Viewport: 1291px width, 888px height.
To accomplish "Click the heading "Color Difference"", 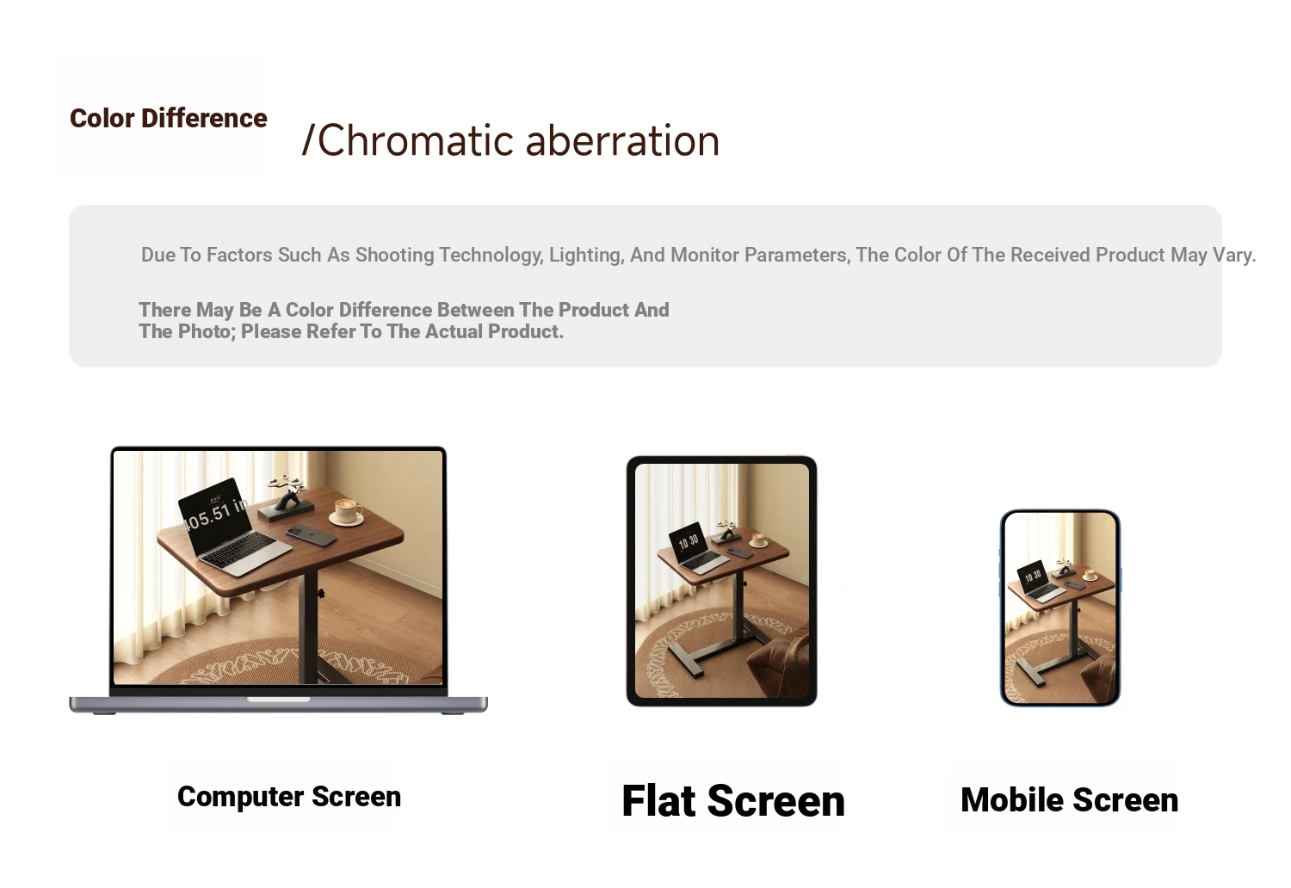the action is click(x=169, y=118).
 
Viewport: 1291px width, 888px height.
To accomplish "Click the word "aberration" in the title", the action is click(x=622, y=140).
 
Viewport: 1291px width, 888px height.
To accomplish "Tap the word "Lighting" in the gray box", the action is click(x=586, y=255).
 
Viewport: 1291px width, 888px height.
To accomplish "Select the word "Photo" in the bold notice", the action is click(x=207, y=331).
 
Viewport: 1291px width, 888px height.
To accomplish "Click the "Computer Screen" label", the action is click(x=288, y=797).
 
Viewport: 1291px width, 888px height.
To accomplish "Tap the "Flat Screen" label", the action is click(x=733, y=800).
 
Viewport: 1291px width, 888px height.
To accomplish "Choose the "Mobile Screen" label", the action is click(x=1069, y=800).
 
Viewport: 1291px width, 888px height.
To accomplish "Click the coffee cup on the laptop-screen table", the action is click(x=348, y=512).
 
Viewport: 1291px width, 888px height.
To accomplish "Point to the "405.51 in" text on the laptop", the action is click(x=214, y=513).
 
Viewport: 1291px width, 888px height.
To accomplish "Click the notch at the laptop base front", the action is click(x=278, y=700).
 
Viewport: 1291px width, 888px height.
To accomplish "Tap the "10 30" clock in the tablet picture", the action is click(x=689, y=541).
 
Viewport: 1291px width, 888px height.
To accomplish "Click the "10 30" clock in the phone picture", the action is click(x=1033, y=575).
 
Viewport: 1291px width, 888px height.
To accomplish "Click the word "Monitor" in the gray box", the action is click(x=705, y=255).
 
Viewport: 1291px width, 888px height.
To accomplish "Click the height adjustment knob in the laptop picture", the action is click(x=320, y=593).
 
